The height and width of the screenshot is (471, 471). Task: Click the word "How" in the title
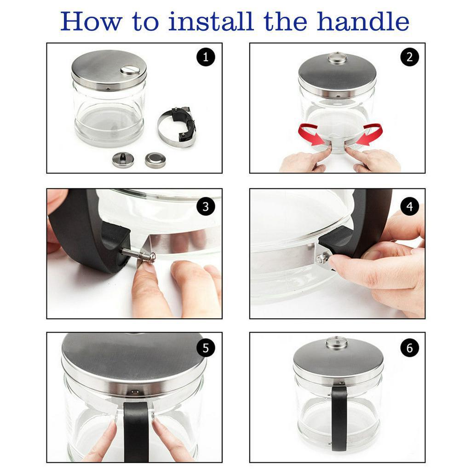92,21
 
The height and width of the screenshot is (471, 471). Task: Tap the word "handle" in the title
363,21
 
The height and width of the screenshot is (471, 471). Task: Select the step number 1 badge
206,57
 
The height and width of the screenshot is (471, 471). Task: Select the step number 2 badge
410,57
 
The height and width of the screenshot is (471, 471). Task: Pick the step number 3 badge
206,207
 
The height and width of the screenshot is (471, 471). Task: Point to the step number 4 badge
410,207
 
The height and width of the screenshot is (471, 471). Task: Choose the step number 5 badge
206,348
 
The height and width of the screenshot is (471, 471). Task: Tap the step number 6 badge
410,348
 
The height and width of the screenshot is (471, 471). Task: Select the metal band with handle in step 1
177,126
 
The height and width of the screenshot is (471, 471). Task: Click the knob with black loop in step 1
123,160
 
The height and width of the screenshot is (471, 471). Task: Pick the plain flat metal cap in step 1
155,160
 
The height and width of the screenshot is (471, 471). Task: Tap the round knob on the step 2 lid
338,58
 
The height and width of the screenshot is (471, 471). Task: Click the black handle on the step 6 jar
339,418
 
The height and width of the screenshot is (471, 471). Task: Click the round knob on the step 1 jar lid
130,69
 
